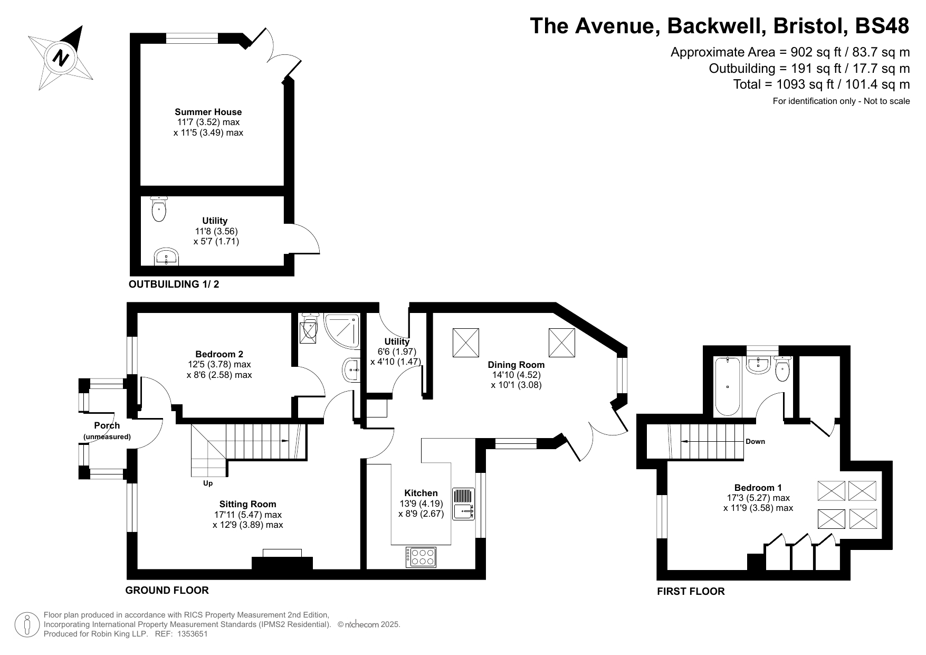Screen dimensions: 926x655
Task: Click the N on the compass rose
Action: pos(61,58)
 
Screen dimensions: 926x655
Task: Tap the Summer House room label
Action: pos(208,112)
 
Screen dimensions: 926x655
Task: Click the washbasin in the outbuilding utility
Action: pos(167,258)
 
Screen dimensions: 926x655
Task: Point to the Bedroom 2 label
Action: pos(219,354)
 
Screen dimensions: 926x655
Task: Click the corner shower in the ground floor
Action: pos(342,331)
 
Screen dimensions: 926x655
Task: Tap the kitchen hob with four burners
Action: pos(422,557)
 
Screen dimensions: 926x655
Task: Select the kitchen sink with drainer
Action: pos(464,504)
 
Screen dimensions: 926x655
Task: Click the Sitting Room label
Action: pos(248,504)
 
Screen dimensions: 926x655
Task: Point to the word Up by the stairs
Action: pos(208,483)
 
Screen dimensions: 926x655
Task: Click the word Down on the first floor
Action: pos(755,441)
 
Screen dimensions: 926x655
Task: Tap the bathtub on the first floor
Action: pos(728,386)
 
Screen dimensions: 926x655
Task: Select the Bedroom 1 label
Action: pos(758,488)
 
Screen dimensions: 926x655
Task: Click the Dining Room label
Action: pos(516,365)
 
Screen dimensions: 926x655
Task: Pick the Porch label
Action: pos(107,425)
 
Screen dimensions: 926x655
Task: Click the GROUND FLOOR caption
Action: pos(167,590)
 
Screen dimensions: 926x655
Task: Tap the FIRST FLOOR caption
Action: pos(691,592)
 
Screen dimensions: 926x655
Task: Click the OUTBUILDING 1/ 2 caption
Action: pos(174,284)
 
